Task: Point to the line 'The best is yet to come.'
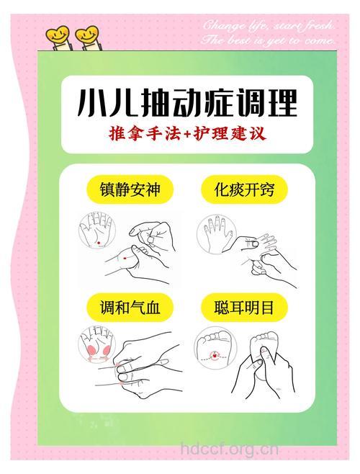point(269,42)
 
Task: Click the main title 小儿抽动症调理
point(186,104)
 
